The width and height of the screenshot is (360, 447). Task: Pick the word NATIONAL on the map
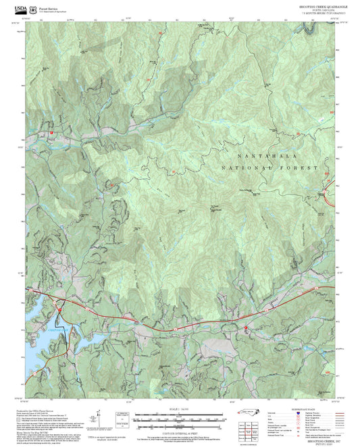click(246, 167)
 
